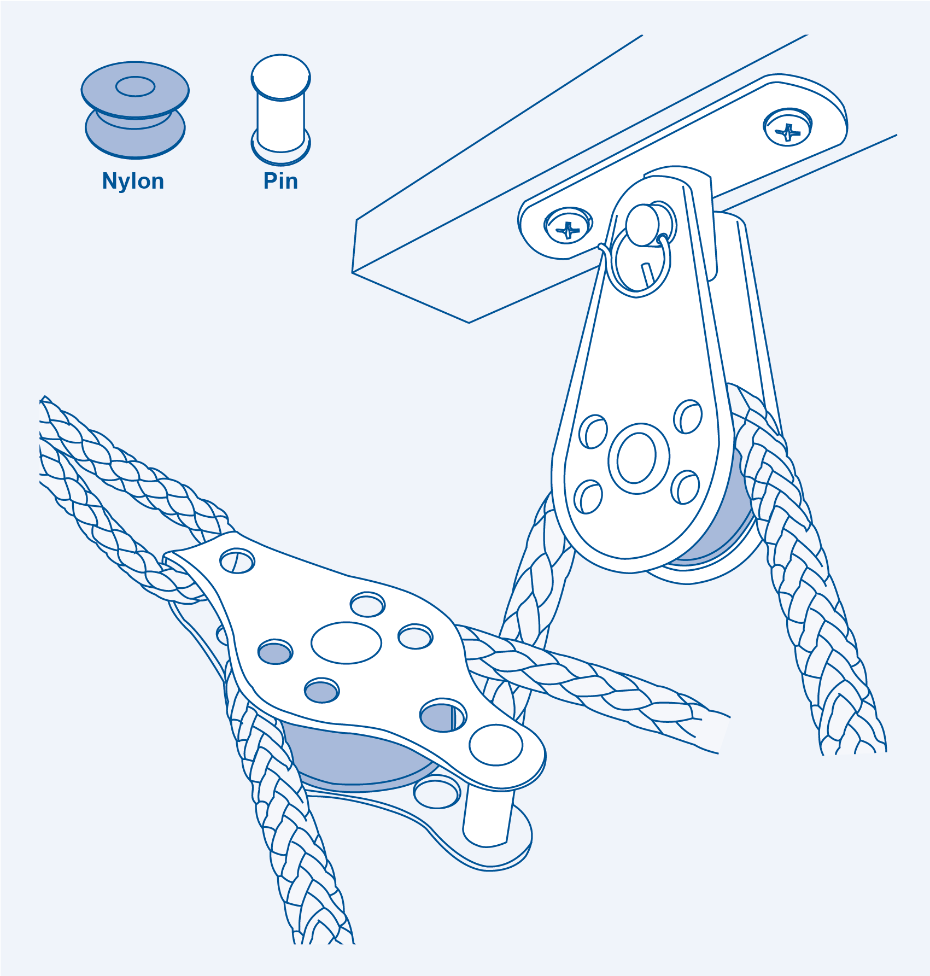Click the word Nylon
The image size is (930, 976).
pyautogui.click(x=133, y=181)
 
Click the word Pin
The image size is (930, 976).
pyautogui.click(x=280, y=181)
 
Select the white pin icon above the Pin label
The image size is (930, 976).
pyautogui.click(x=280, y=109)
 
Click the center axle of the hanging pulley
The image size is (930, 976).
pyautogui.click(x=637, y=458)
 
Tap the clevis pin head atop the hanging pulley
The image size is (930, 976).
pyautogui.click(x=643, y=224)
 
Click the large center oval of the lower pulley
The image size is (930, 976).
pyautogui.click(x=346, y=642)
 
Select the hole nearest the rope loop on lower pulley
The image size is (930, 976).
pyautogui.click(x=237, y=561)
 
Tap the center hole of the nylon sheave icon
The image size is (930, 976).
pyautogui.click(x=135, y=86)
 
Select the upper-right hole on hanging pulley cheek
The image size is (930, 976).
pyautogui.click(x=688, y=417)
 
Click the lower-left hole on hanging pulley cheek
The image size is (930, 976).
pyautogui.click(x=588, y=496)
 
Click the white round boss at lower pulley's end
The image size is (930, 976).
pyautogui.click(x=496, y=745)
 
